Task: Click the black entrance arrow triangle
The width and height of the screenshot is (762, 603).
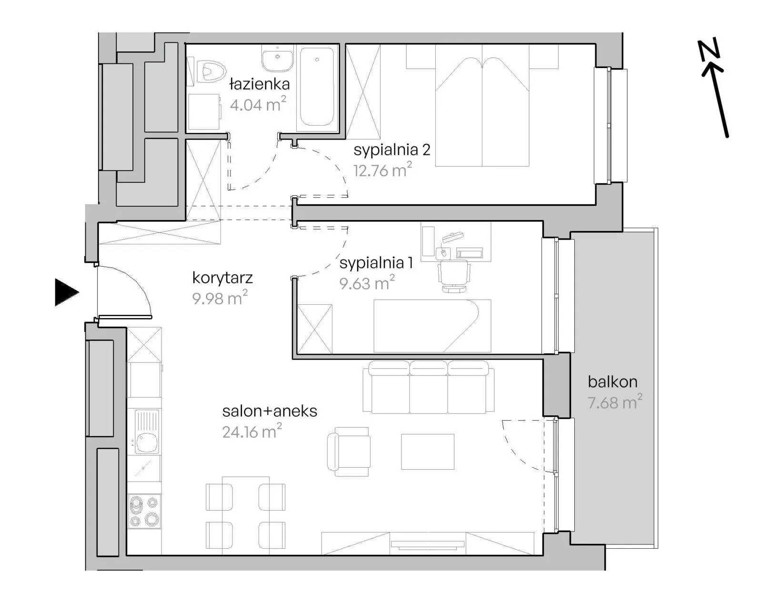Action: pos(66,292)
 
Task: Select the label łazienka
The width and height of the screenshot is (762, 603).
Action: pos(260,84)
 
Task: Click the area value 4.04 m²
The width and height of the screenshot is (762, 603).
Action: pos(258,104)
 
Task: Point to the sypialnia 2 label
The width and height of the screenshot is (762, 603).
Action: pos(392,150)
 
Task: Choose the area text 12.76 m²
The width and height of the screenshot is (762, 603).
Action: pos(383,170)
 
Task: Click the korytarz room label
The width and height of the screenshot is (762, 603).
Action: pos(222,278)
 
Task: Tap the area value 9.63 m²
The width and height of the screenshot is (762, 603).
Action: pos(367,283)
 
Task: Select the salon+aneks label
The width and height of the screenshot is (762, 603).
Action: pos(270,412)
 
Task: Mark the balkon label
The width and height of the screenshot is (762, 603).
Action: pos(612,382)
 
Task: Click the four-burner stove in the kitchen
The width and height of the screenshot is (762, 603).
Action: pos(144,511)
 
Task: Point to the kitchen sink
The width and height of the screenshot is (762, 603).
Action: pos(147,432)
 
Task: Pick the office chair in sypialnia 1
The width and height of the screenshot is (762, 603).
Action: pos(454,275)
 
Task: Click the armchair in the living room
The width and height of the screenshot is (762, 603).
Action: pos(349,452)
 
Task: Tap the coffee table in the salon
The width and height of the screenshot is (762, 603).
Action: pos(428,452)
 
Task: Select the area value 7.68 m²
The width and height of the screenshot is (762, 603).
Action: pos(615,402)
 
